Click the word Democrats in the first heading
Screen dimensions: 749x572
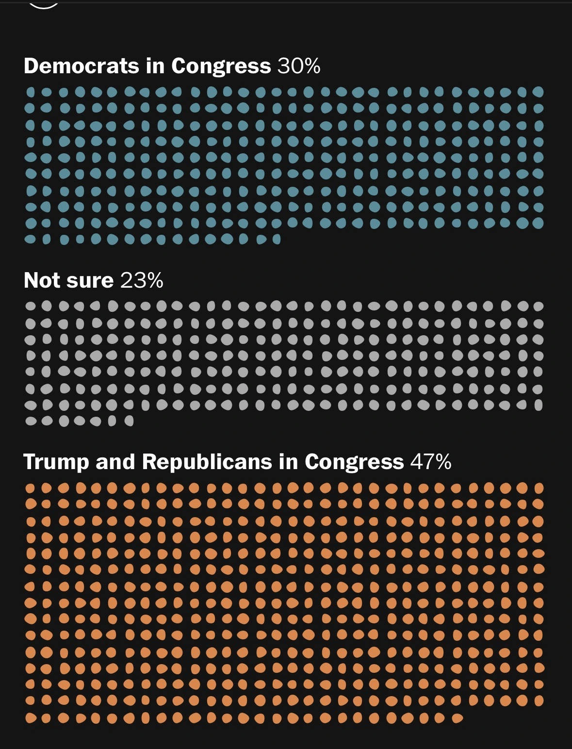click(82, 65)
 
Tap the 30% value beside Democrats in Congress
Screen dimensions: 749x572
click(299, 65)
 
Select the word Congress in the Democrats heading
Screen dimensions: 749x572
click(221, 65)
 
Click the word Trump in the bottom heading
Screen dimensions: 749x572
click(56, 462)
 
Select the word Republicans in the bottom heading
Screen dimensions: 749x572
click(207, 462)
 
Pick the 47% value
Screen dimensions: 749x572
click(431, 462)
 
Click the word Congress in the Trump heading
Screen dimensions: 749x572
click(354, 462)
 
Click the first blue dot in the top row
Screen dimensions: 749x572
click(30, 92)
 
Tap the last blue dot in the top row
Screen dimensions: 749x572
click(538, 92)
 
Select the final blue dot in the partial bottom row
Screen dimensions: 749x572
click(277, 239)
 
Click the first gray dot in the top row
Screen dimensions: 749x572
click(30, 306)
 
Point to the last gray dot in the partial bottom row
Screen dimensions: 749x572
click(129, 421)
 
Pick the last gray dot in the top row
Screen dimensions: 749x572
click(538, 306)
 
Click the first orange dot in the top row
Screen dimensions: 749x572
click(30, 488)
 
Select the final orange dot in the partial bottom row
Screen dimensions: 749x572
click(457, 718)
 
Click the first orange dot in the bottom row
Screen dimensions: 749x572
click(30, 718)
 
